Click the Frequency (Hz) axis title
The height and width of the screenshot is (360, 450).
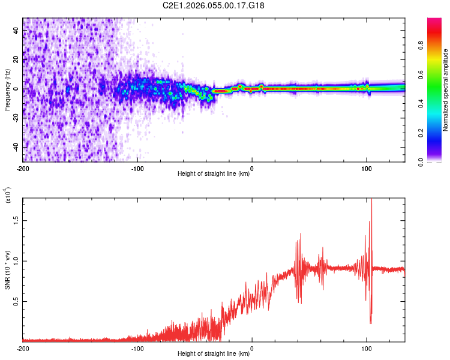tap(7, 89)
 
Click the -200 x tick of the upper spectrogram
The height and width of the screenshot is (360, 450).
tap(23, 168)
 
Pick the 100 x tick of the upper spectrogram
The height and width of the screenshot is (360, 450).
tap(366, 168)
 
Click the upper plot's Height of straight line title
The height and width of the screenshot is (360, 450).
tap(214, 175)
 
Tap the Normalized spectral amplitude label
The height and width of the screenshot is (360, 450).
tap(445, 90)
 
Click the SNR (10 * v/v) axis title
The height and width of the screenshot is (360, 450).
tap(7, 269)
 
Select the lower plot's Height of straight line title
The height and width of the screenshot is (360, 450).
tap(214, 354)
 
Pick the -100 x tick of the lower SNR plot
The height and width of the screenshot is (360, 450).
tap(137, 348)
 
